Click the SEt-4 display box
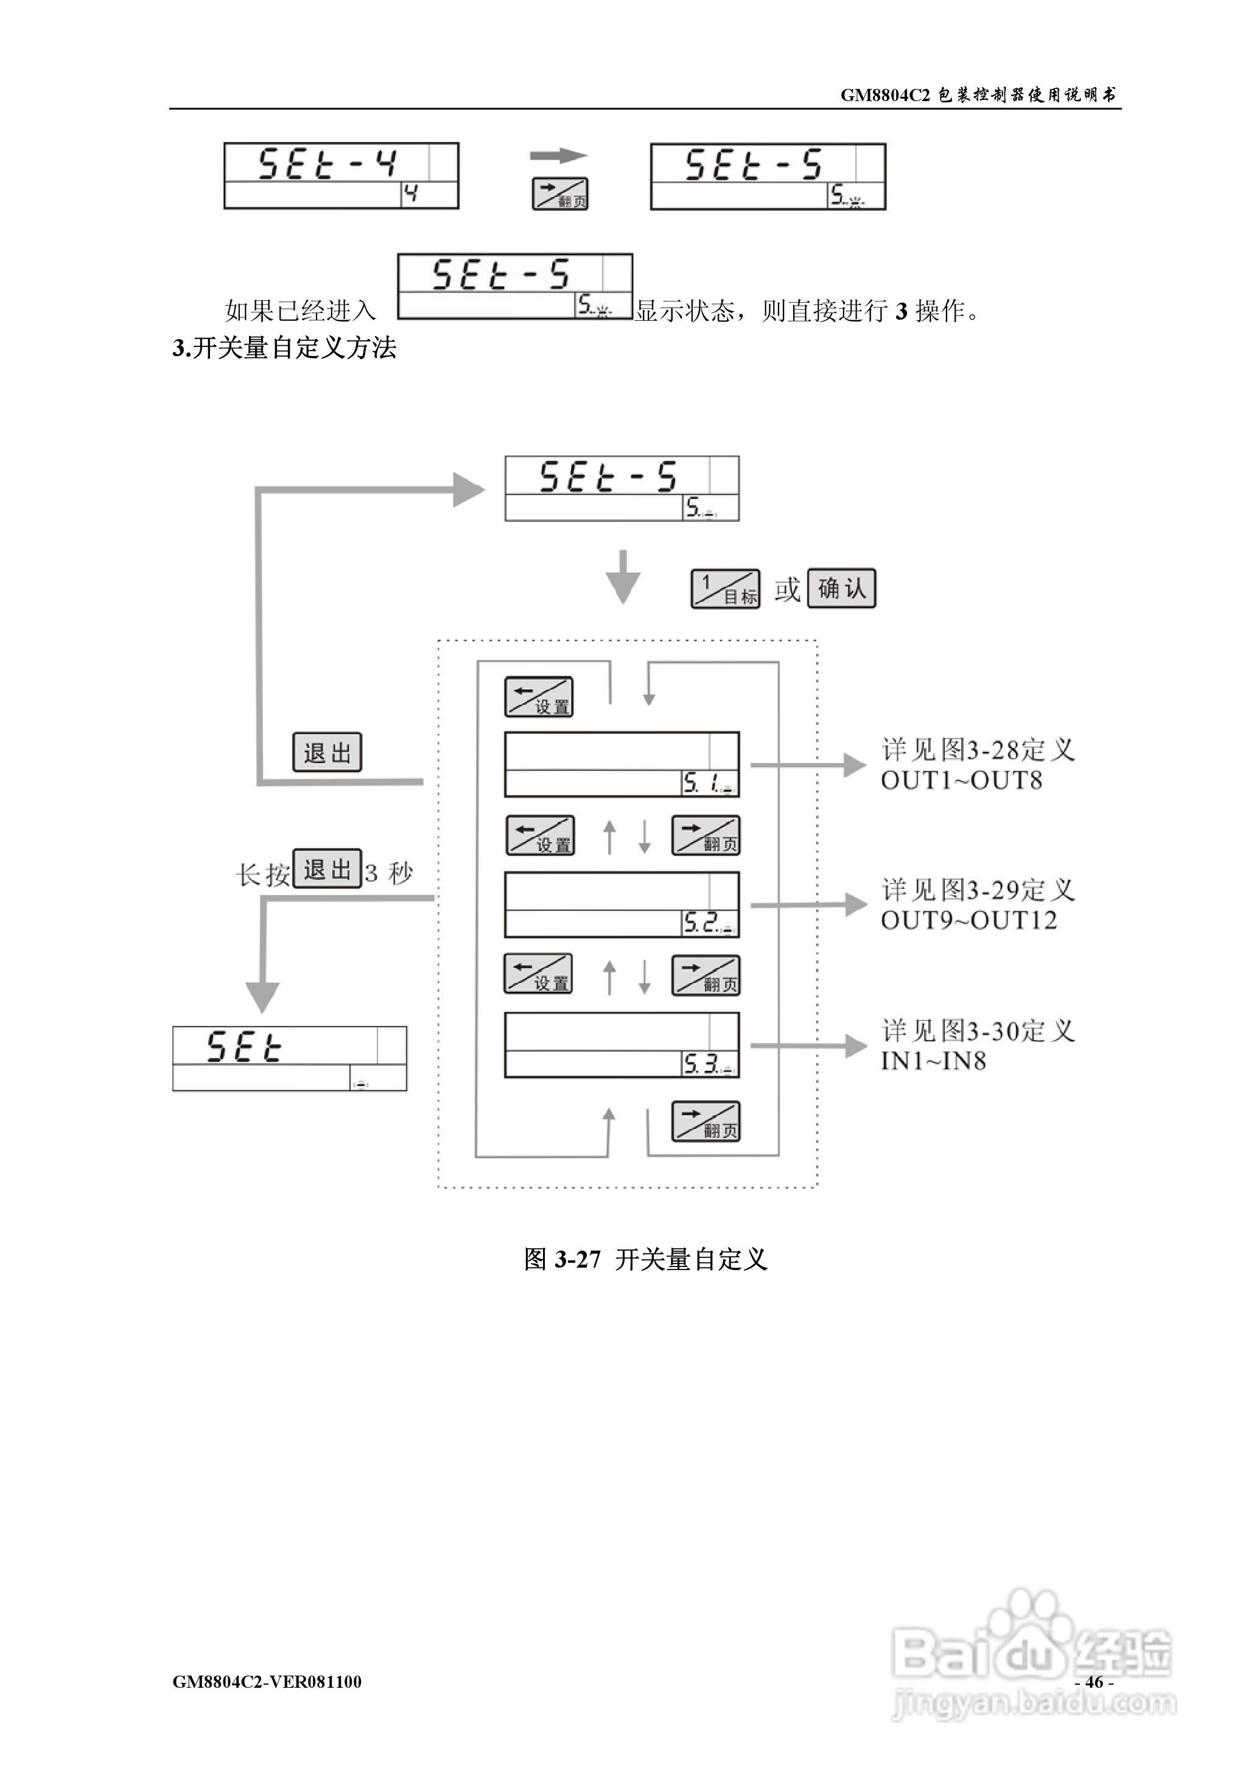(x=342, y=175)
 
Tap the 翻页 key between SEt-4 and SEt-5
(x=560, y=194)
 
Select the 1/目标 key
(x=725, y=589)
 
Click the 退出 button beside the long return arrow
(x=327, y=752)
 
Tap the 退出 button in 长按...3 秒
(x=327, y=869)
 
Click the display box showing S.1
(x=622, y=765)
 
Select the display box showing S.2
(x=622, y=904)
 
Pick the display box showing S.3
(x=622, y=1045)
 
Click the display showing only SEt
(x=290, y=1059)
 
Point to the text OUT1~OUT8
(x=961, y=781)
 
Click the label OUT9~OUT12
(x=969, y=921)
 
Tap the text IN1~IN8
(x=934, y=1061)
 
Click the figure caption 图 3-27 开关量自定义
(x=645, y=1260)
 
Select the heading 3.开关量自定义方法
(x=284, y=348)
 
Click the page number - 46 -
(x=1093, y=1681)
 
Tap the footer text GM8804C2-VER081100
(x=267, y=1681)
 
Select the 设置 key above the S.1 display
(x=539, y=697)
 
